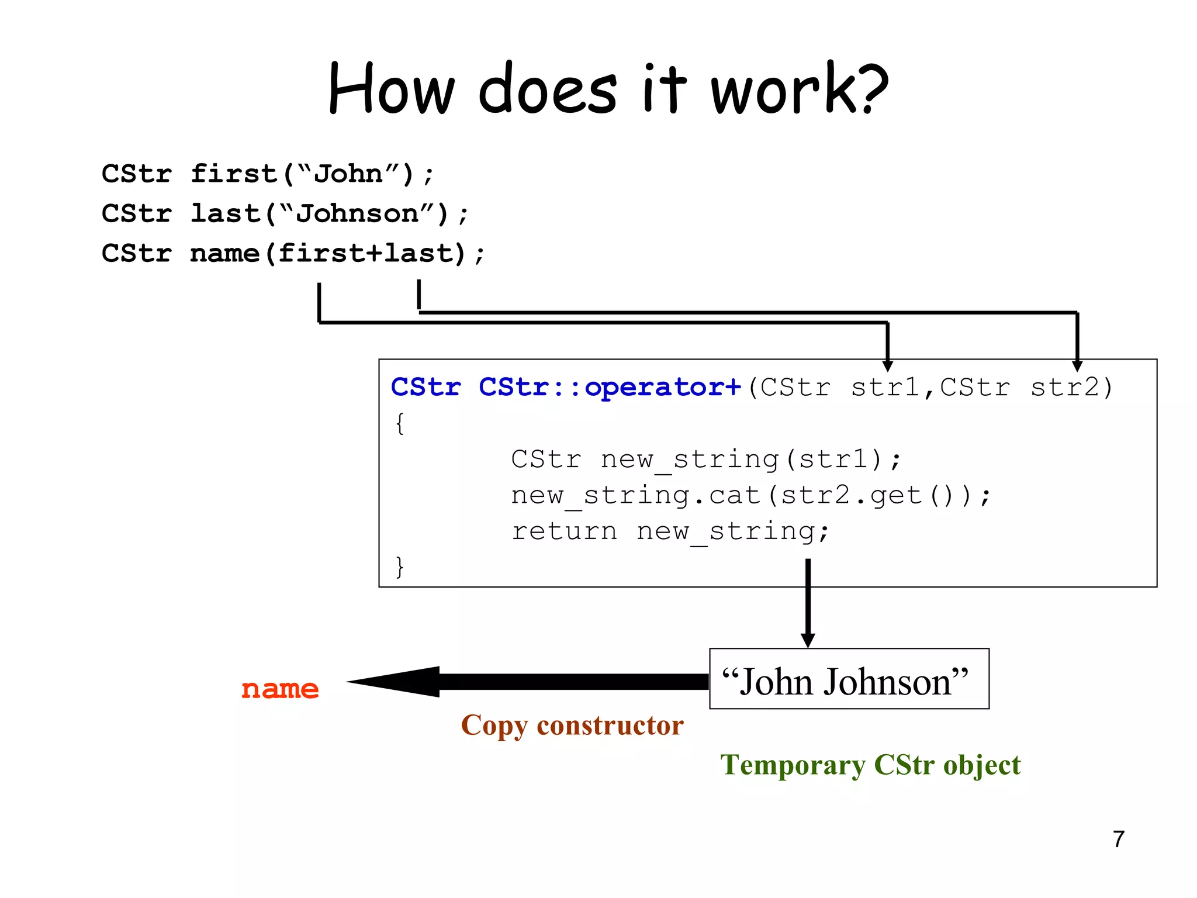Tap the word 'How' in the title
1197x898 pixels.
(391, 89)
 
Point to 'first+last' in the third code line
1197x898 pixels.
(365, 253)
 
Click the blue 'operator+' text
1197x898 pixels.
(663, 387)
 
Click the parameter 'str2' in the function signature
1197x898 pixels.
(1064, 387)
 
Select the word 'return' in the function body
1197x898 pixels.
(564, 531)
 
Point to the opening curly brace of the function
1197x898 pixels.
(400, 423)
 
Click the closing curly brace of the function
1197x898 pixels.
(400, 567)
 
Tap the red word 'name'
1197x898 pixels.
(280, 689)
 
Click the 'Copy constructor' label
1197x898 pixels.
(572, 725)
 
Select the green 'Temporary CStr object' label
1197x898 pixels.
(870, 765)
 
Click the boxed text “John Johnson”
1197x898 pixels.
(845, 682)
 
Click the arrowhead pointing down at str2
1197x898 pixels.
(1077, 366)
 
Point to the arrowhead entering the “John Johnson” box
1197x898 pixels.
(808, 640)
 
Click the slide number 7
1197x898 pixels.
(1118, 839)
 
